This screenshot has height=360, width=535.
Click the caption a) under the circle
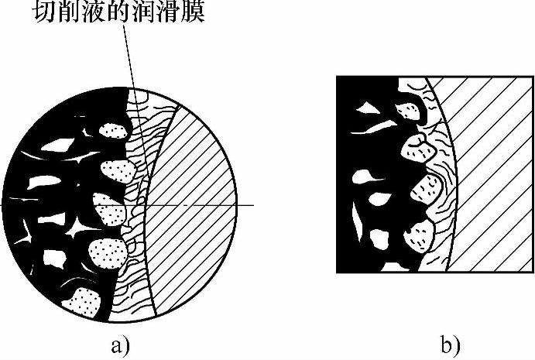pyautogui.click(x=120, y=343)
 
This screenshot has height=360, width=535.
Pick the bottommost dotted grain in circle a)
pyautogui.click(x=81, y=303)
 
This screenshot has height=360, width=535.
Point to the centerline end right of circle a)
pyautogui.click(x=253, y=205)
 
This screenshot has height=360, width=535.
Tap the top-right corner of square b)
pyautogui.click(x=533, y=75)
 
